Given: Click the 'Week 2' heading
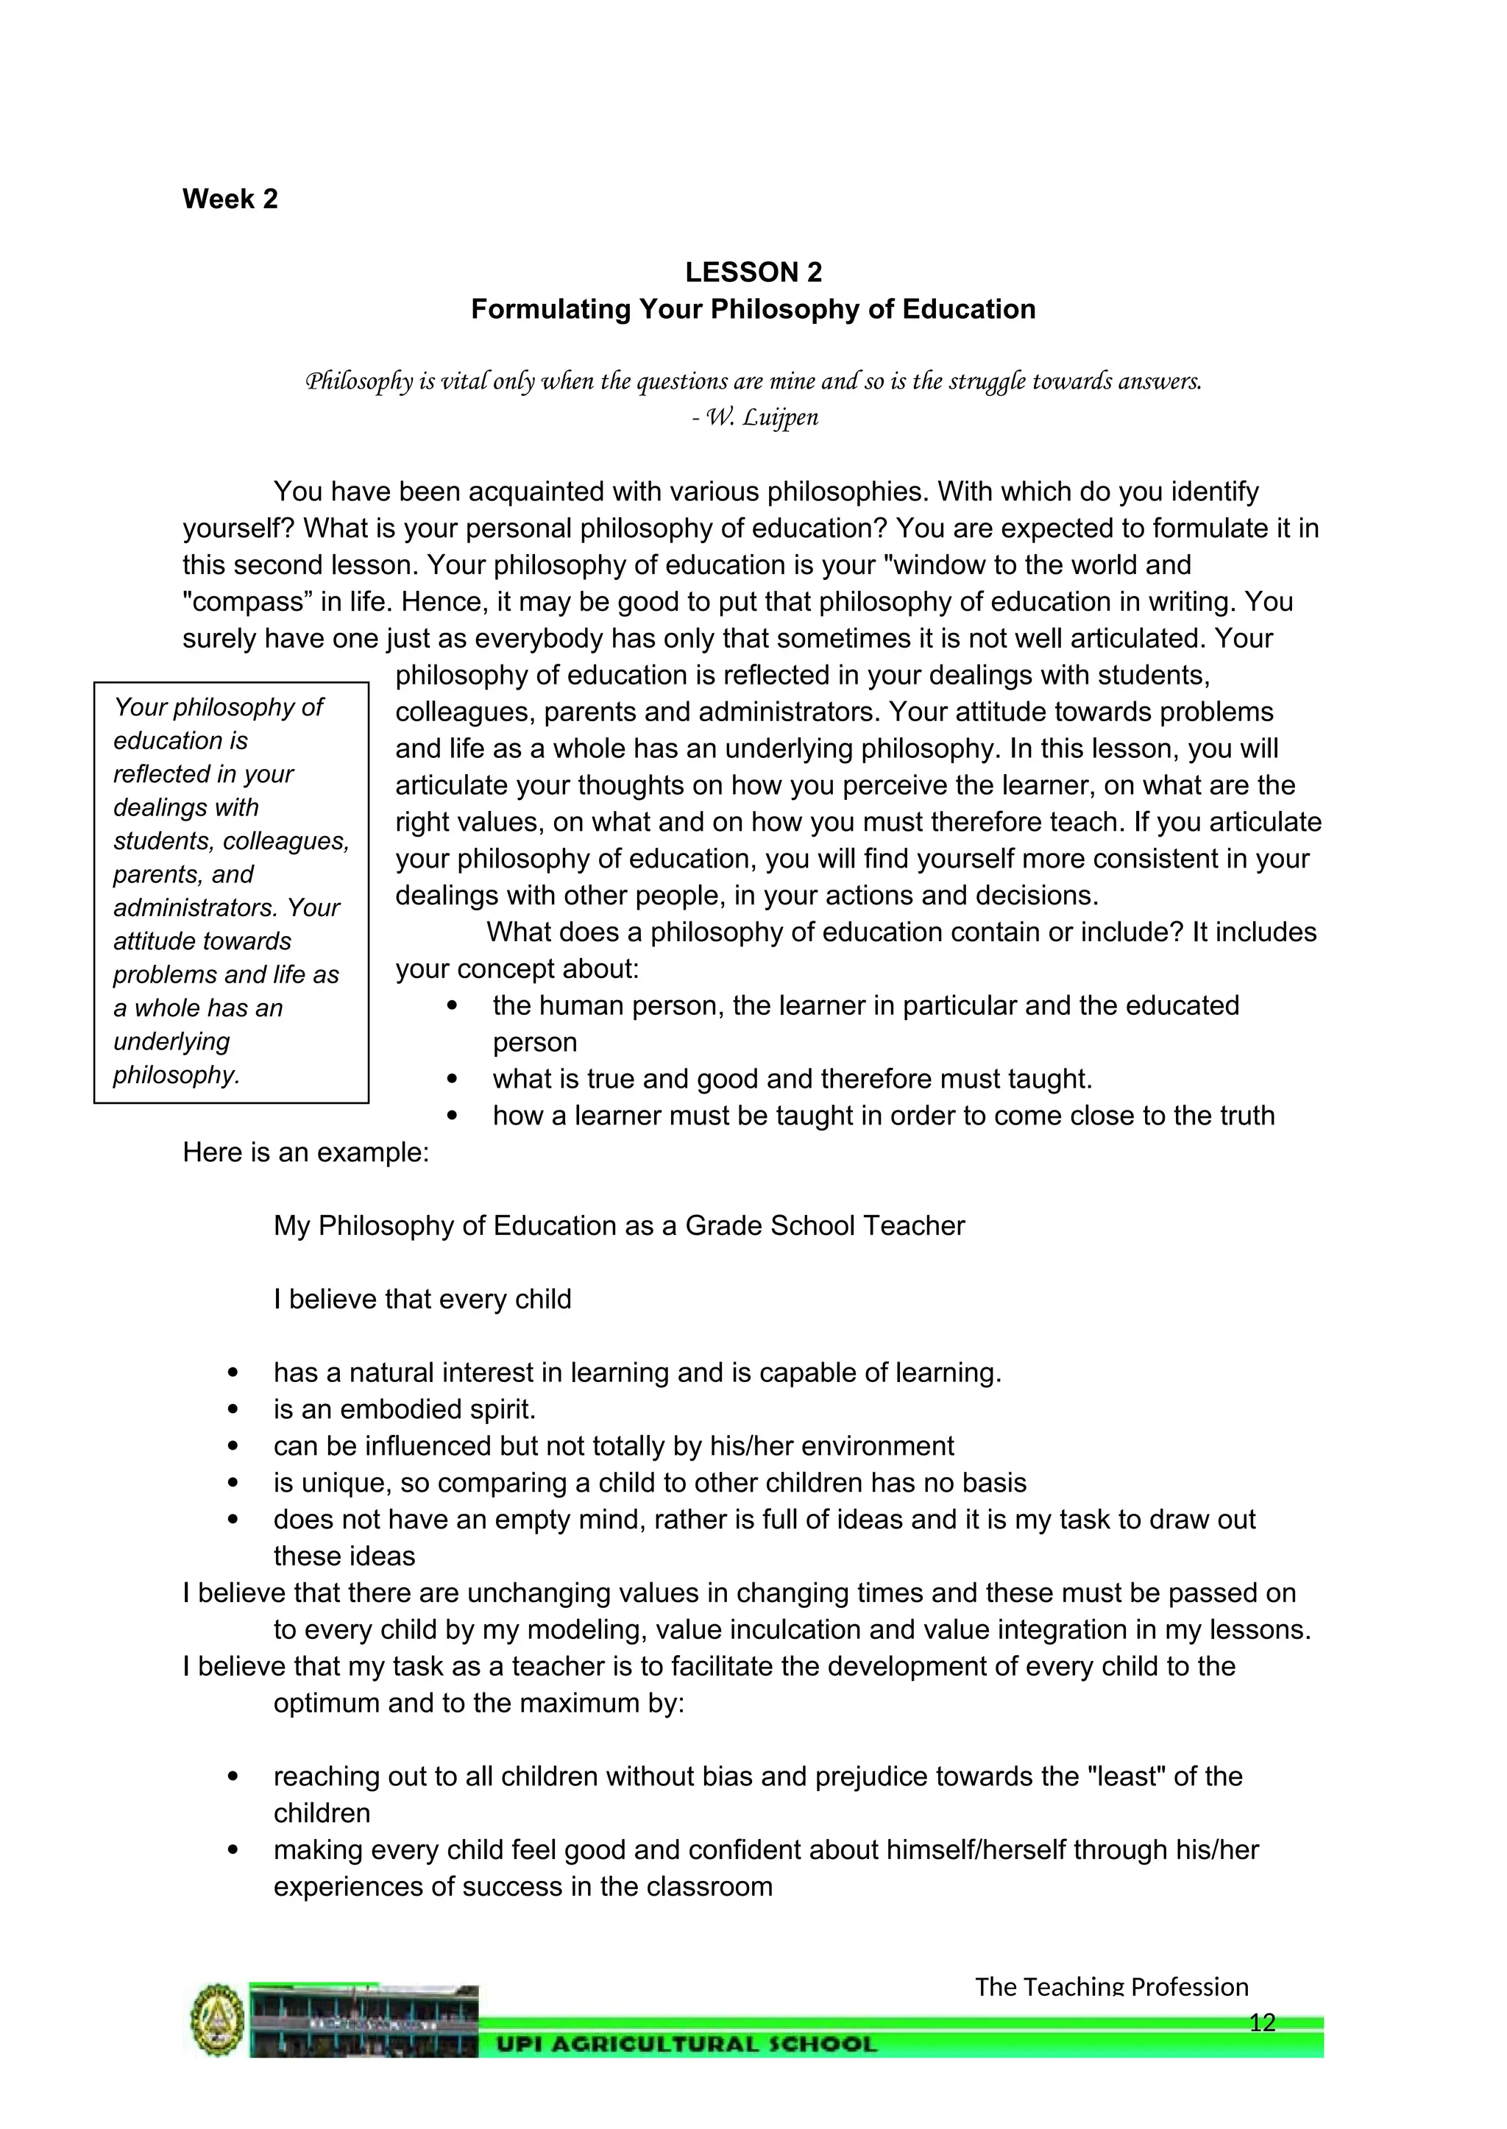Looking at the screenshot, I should click(230, 199).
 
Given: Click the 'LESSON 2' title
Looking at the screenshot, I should click(753, 272).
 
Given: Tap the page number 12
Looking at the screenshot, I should click(1262, 2022).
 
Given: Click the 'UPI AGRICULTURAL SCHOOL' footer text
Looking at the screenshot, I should click(687, 2044).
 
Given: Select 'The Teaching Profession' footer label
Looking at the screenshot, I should click(1112, 1986).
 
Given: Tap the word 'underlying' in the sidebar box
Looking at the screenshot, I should click(171, 1041).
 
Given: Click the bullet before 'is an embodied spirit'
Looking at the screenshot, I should click(233, 1410).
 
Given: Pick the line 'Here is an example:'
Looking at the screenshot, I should click(306, 1152).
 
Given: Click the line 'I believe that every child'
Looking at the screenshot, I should click(422, 1300).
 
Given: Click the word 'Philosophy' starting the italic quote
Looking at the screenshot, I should click(359, 381).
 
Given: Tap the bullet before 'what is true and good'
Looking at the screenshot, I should click(452, 1080).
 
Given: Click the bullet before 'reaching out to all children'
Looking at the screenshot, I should click(233, 1776).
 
